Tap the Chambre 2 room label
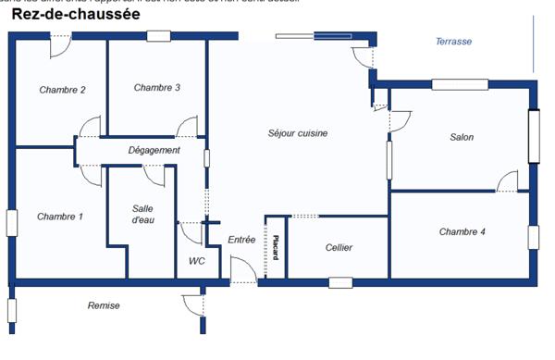pos(63,90)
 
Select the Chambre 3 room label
pos(156,88)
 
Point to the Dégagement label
pos(154,150)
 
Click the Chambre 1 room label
pos(60,217)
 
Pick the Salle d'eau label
pos(142,214)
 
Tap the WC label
pos(197,261)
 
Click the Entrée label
pos(241,240)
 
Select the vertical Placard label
pos(276,249)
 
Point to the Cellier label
pos(339,248)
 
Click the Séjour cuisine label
pos(298,133)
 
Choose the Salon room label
pos(462,137)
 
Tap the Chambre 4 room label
pos(462,231)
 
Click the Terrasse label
pos(454,42)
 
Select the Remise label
pos(104,305)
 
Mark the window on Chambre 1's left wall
pos(12,223)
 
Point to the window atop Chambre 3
pos(158,36)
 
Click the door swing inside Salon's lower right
pos(508,181)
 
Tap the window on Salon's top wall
pos(460,85)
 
